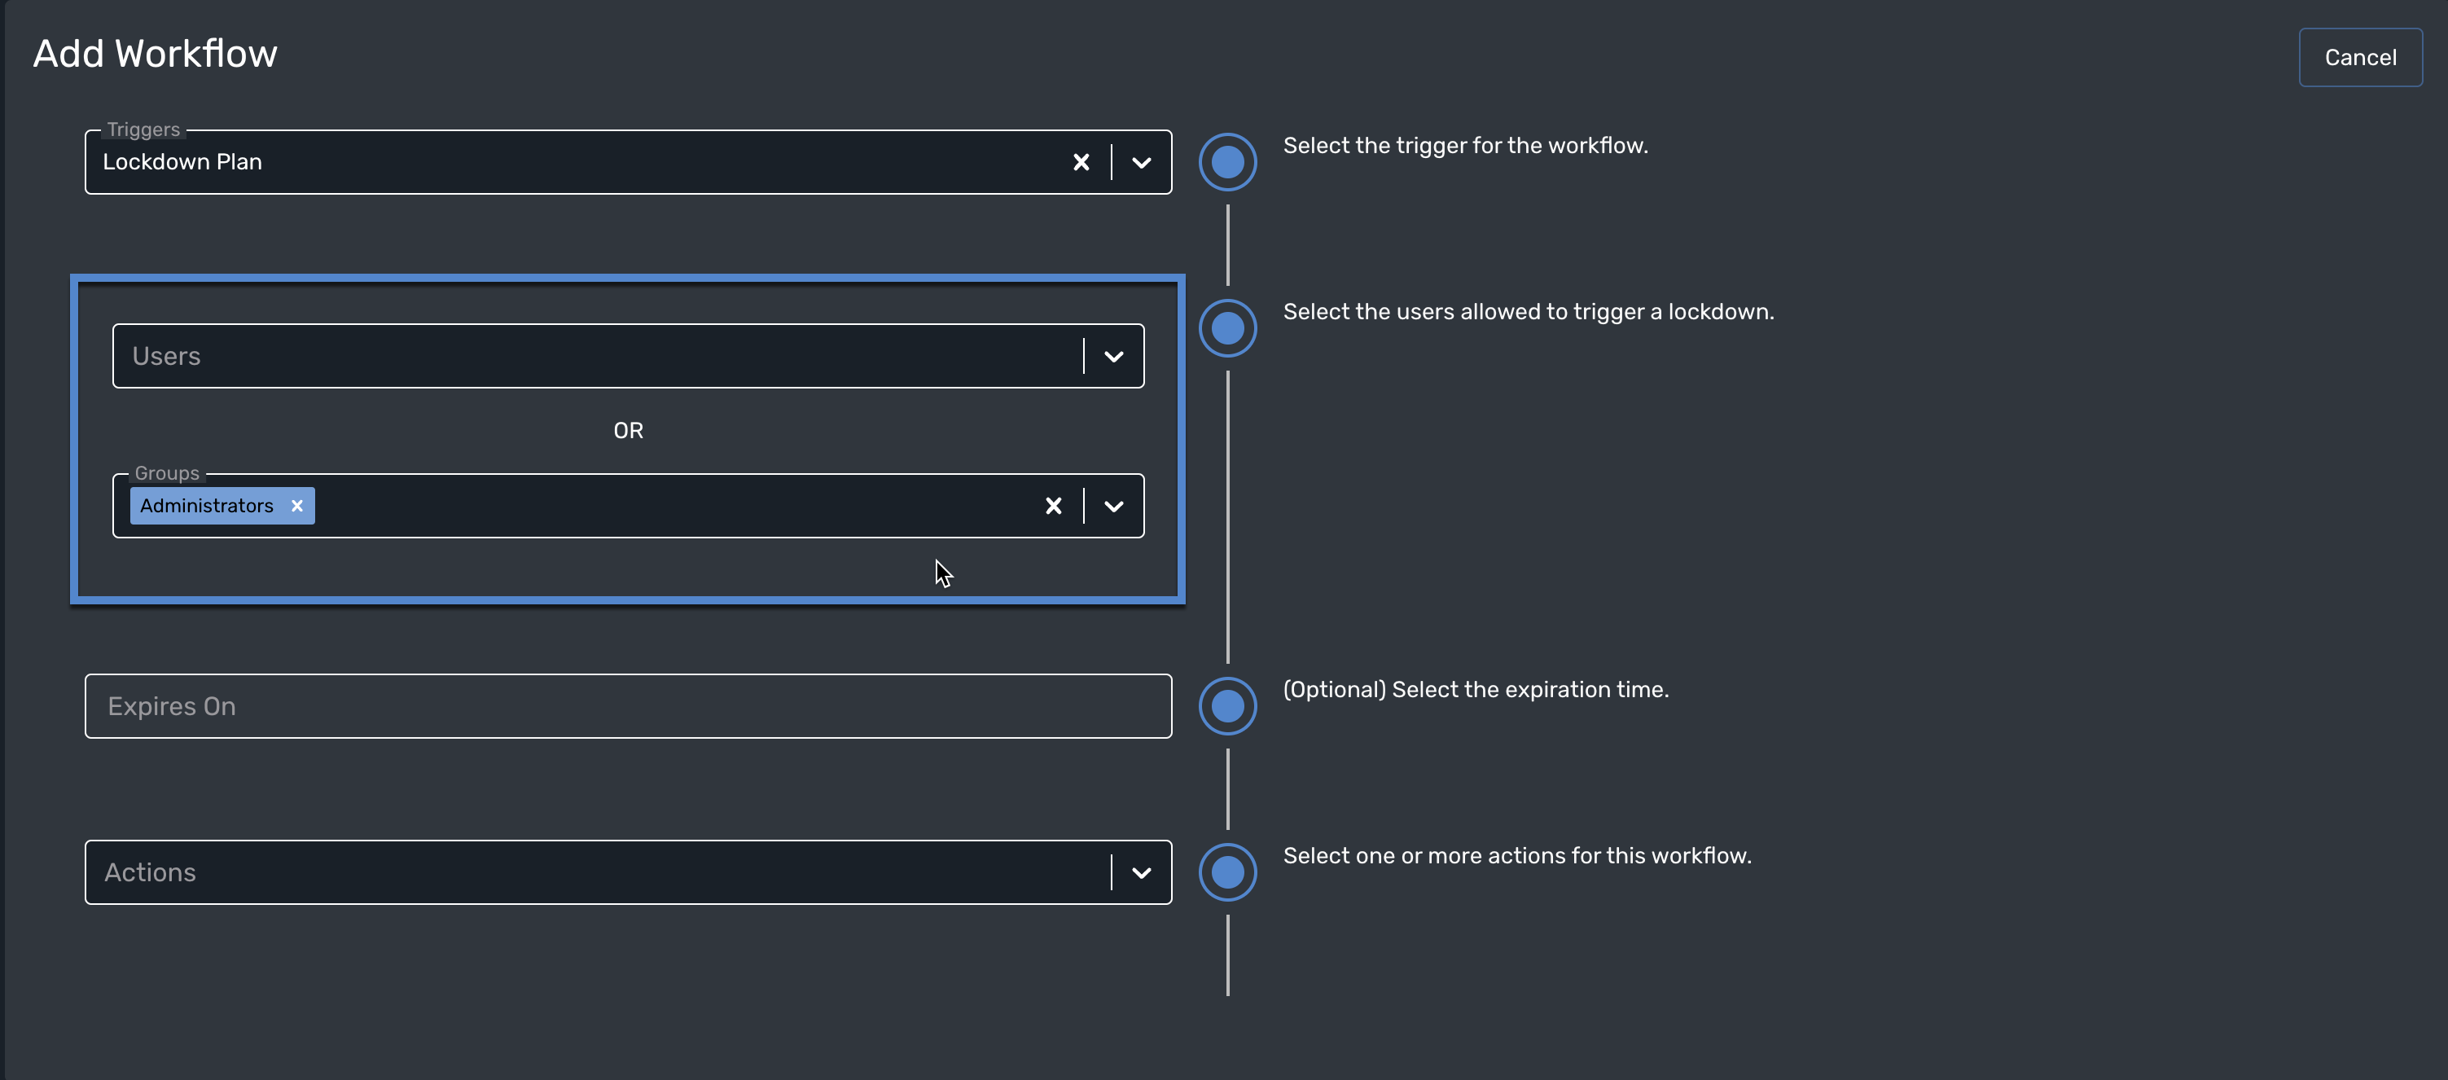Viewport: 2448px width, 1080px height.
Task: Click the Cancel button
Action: coord(2359,58)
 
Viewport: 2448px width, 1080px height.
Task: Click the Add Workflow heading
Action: coord(155,55)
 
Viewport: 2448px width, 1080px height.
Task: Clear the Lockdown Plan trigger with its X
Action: coord(1081,163)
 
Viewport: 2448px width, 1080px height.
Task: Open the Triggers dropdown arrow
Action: coord(1141,163)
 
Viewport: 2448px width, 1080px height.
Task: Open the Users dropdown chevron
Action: coord(1114,357)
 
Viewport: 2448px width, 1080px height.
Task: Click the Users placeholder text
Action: coord(166,357)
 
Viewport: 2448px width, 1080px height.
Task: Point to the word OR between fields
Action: coord(628,431)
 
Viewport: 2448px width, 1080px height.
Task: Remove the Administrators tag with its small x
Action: coord(297,506)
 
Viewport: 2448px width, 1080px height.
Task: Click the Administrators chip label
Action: coord(206,506)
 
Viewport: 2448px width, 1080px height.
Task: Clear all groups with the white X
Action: coord(1053,506)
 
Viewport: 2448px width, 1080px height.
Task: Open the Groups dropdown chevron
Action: coord(1114,506)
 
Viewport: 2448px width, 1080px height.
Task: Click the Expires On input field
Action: coord(627,706)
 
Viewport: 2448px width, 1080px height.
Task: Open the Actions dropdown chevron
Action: coord(1141,873)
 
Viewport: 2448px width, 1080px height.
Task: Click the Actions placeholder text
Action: coord(150,873)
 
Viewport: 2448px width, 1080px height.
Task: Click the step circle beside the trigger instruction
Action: coord(1227,163)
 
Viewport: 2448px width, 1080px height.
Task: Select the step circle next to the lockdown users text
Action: coord(1227,329)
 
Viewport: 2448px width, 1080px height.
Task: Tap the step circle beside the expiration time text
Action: coord(1227,706)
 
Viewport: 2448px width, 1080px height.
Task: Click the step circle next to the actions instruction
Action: coord(1227,873)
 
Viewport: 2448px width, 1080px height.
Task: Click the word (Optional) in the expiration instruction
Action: coord(1334,689)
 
